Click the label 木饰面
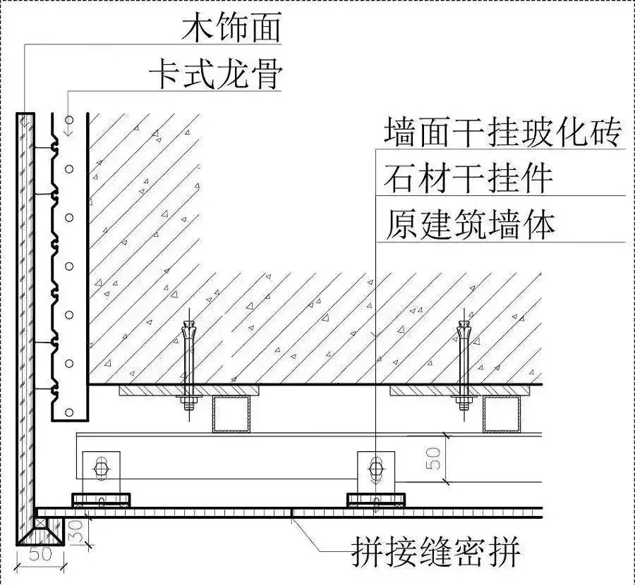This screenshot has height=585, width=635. (x=231, y=28)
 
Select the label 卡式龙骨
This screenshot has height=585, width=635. (x=215, y=75)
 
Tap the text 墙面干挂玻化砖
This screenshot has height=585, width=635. (x=502, y=132)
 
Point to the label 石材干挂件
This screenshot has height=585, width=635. (x=468, y=178)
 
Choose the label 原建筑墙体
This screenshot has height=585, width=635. (x=470, y=225)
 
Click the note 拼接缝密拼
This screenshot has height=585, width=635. (x=435, y=552)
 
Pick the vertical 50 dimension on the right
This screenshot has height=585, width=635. (x=433, y=458)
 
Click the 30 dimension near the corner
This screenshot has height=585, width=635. (x=77, y=531)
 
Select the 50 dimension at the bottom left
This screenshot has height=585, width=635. (x=40, y=554)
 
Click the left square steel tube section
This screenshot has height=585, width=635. (x=231, y=414)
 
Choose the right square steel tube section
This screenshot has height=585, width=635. (x=502, y=414)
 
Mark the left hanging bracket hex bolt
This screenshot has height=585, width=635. (x=100, y=469)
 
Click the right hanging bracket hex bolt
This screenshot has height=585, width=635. (x=375, y=469)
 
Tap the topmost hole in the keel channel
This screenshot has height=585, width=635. (x=70, y=120)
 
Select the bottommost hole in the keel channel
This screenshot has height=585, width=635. (x=70, y=412)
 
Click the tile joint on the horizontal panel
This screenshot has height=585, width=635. (x=291, y=513)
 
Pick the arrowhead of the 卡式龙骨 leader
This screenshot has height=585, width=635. (x=68, y=130)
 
